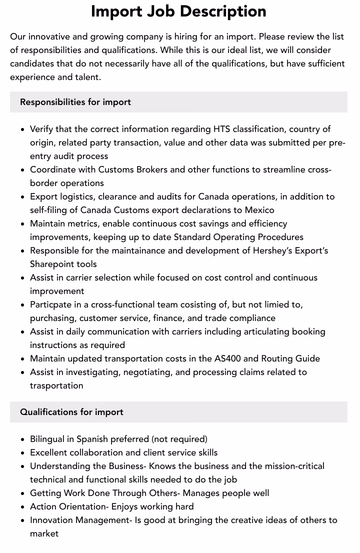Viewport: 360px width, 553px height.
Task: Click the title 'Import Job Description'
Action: (178, 11)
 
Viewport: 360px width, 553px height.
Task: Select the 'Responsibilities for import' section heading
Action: (75, 102)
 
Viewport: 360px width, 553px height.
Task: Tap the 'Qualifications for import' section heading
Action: (71, 412)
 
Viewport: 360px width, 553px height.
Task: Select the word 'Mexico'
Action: (259, 210)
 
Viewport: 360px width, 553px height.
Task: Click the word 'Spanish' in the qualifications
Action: (92, 439)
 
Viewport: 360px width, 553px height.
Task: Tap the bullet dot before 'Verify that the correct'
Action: (23, 129)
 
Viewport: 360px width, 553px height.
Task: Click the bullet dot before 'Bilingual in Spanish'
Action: (23, 439)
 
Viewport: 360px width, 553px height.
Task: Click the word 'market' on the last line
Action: (44, 533)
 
